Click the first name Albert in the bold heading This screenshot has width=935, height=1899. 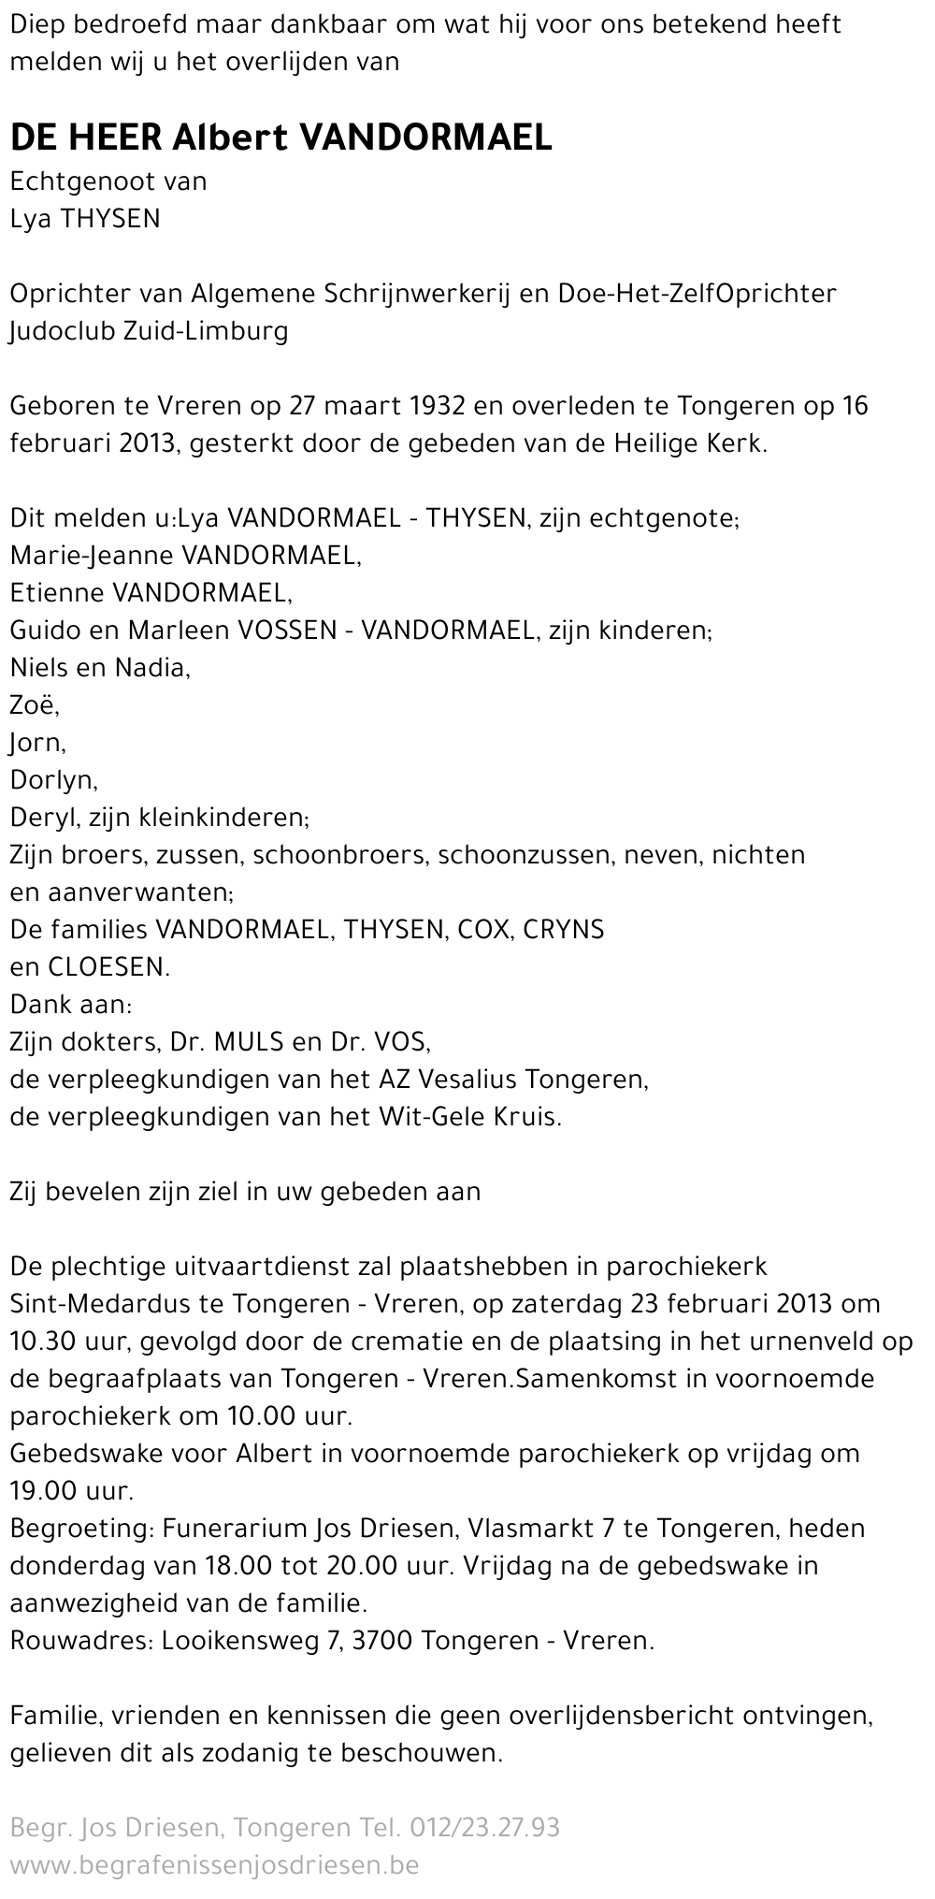pyautogui.click(x=231, y=138)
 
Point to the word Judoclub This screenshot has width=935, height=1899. pyautogui.click(x=58, y=331)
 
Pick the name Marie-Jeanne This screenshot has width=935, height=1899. pyautogui.click(x=92, y=556)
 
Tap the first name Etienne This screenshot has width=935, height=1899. pyautogui.click(x=57, y=593)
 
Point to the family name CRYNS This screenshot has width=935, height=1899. pyautogui.click(x=564, y=930)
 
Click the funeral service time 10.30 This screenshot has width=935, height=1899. pyautogui.click(x=36, y=1341)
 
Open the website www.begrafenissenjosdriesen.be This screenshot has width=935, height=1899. pyautogui.click(x=214, y=1865)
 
